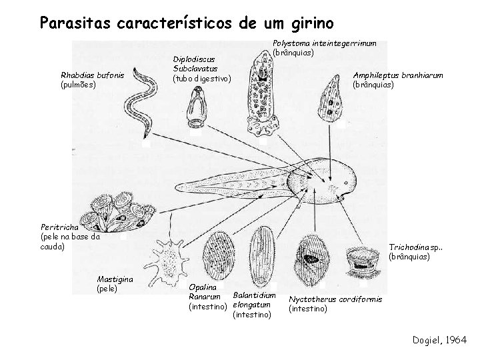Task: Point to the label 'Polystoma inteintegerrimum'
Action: point(325,43)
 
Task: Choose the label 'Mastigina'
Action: point(115,279)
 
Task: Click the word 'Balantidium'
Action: point(254,295)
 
